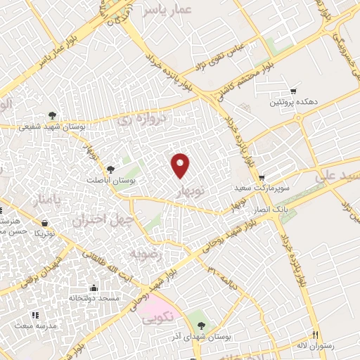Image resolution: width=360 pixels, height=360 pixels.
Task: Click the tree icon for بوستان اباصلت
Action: tap(110, 169)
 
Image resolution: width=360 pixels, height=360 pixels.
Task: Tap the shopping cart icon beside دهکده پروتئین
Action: tap(293, 91)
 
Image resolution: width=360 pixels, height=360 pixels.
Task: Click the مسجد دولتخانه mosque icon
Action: tap(94, 288)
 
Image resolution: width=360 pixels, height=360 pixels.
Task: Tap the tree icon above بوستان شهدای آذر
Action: tap(202, 324)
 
